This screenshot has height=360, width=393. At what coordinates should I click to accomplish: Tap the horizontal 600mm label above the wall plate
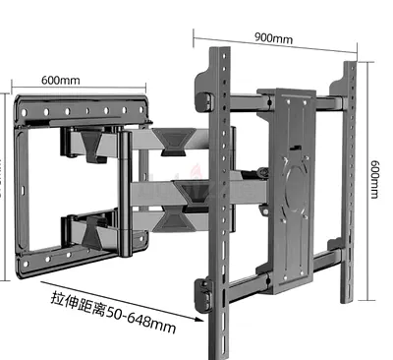coord(62,81)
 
